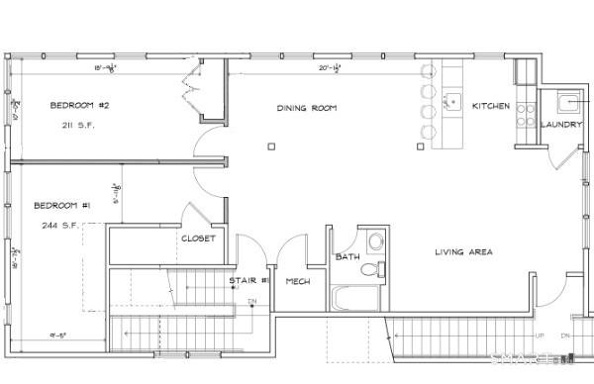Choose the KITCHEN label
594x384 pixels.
[x=491, y=106]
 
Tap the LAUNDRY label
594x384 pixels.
[x=560, y=125]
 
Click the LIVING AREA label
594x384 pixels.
[x=463, y=252]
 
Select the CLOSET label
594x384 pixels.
[x=198, y=239]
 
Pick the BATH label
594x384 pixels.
[x=346, y=257]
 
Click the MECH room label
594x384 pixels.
[x=298, y=282]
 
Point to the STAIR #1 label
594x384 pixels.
[x=245, y=281]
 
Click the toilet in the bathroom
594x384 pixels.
[x=374, y=268]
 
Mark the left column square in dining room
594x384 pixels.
[x=270, y=146]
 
